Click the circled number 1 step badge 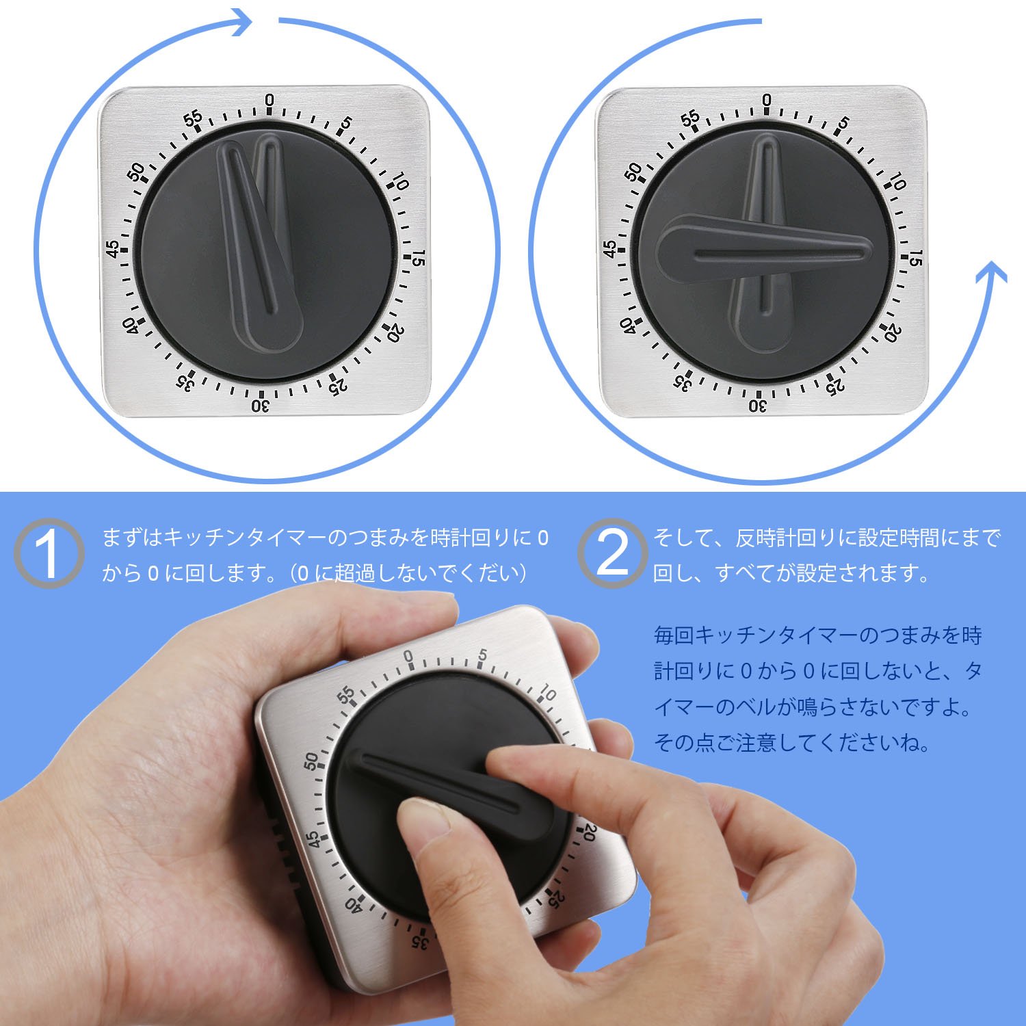click(x=49, y=553)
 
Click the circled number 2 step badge click(x=612, y=553)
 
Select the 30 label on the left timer click(x=261, y=406)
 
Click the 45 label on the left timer click(x=113, y=248)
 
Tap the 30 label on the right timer click(x=758, y=406)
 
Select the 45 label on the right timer click(x=610, y=248)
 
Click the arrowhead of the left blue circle click(x=239, y=22)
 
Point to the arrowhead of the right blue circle click(x=991, y=274)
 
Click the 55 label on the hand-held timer click(x=347, y=696)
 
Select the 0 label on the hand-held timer click(x=409, y=657)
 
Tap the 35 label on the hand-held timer click(x=419, y=941)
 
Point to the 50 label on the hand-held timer click(x=311, y=760)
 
